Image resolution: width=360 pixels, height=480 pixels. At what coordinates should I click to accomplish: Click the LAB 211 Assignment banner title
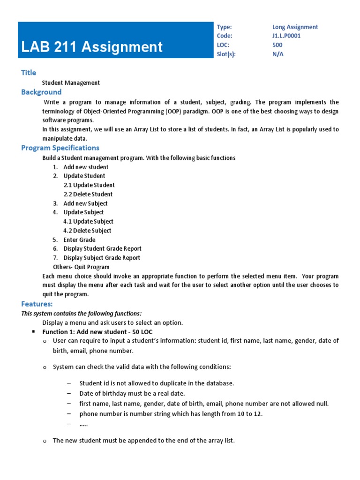(x=92, y=47)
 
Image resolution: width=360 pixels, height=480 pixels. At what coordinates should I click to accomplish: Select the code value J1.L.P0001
(x=286, y=36)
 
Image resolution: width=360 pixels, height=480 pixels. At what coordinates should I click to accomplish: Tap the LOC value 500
(x=277, y=45)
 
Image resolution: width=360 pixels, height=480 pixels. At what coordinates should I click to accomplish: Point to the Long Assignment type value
(x=295, y=27)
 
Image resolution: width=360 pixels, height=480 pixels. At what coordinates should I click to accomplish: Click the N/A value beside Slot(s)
(x=278, y=54)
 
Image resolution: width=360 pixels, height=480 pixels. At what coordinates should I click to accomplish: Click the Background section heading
(x=41, y=92)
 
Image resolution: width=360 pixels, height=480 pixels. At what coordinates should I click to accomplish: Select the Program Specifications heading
(x=60, y=148)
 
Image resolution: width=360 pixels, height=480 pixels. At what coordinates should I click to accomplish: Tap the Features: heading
(x=37, y=304)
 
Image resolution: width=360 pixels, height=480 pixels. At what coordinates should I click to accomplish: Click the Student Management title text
(x=71, y=82)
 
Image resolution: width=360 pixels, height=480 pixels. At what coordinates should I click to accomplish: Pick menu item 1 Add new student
(x=86, y=167)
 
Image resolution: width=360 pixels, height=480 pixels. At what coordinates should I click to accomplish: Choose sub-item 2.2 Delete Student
(x=88, y=194)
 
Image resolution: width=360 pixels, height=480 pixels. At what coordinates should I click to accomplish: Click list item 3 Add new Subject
(x=85, y=203)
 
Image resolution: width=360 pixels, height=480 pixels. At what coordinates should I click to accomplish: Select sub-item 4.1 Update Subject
(x=88, y=221)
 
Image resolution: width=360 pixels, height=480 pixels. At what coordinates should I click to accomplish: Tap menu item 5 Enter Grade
(x=79, y=240)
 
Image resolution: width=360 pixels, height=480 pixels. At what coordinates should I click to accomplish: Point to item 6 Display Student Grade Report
(x=102, y=248)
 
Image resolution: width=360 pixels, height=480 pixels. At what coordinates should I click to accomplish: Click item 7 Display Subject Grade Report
(x=102, y=258)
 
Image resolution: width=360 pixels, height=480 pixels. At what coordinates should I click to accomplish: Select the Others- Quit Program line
(x=81, y=267)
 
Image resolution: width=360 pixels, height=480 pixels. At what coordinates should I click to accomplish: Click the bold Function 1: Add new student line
(x=97, y=331)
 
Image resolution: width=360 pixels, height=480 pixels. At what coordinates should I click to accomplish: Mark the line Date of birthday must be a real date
(x=132, y=393)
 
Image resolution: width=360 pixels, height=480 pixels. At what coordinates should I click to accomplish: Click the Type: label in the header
(x=224, y=27)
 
